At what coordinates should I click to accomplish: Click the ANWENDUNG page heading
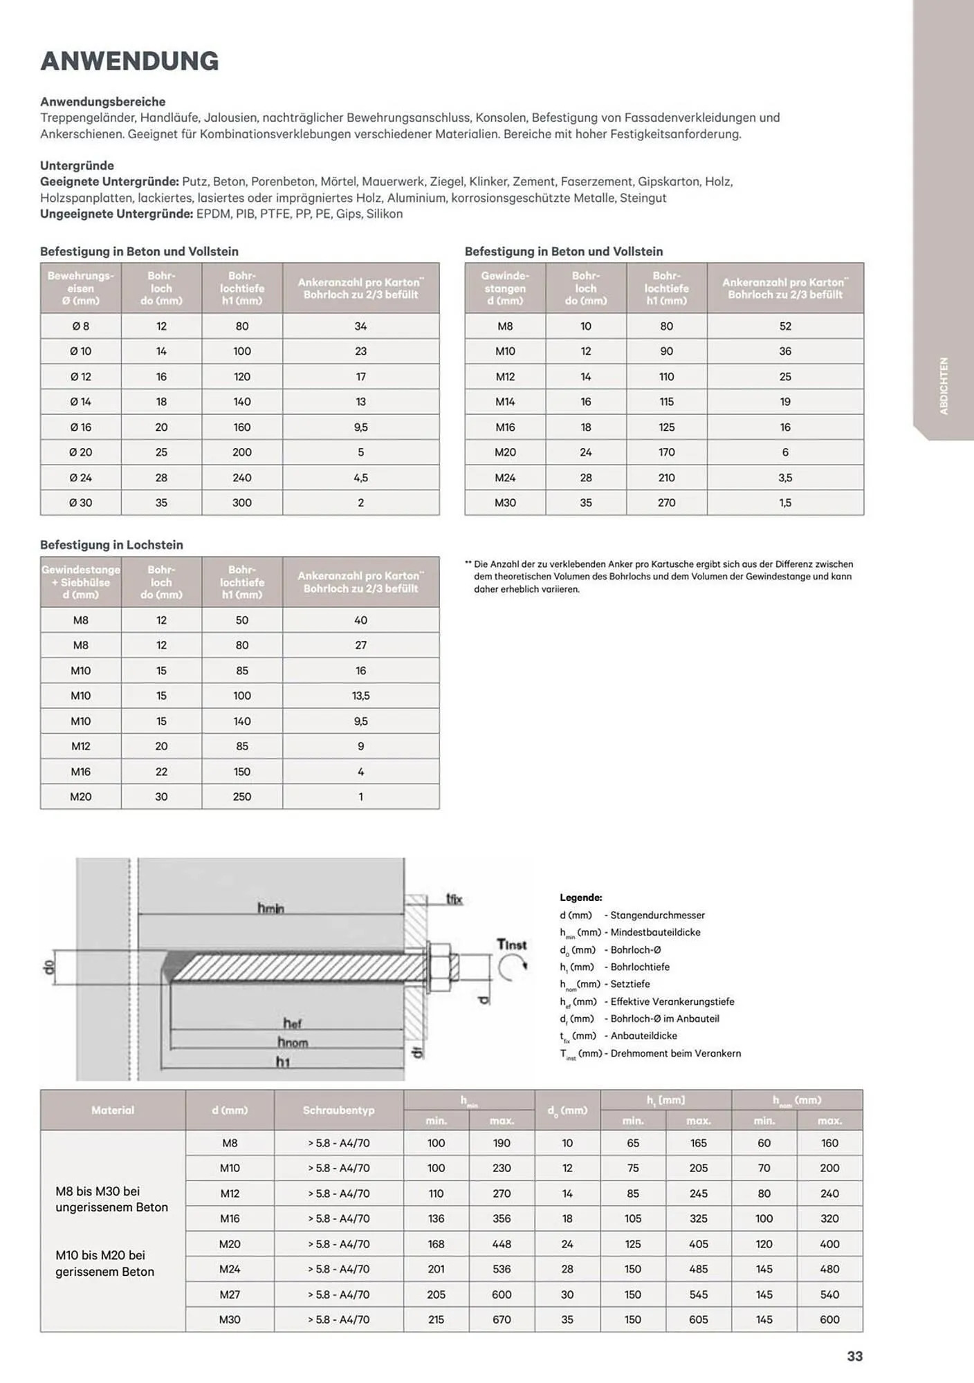pos(129,61)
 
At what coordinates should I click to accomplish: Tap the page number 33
pos(855,1356)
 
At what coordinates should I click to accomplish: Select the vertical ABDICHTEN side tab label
pos(944,386)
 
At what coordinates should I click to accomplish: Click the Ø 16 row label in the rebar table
pos(80,427)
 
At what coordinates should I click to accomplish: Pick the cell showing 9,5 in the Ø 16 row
pos(360,427)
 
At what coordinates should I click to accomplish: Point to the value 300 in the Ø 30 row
pos(242,503)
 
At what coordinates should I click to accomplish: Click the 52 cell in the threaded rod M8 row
pos(785,326)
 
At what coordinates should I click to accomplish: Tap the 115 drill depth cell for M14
pos(666,402)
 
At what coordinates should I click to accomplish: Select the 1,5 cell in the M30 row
pos(785,503)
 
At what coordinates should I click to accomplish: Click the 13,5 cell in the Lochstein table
pos(360,696)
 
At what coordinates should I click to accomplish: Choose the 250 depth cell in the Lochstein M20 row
pos(242,797)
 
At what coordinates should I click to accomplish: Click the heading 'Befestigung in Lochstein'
pos(111,545)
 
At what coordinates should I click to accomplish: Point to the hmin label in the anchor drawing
pos(271,908)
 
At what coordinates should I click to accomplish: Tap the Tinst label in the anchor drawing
pos(512,945)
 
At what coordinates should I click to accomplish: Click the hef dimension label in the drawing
pos(292,1023)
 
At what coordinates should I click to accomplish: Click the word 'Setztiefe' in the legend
pos(630,984)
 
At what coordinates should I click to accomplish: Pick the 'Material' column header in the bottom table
pos(113,1110)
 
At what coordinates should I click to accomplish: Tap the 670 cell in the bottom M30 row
pos(502,1319)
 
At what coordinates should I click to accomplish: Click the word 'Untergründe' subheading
pos(77,165)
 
